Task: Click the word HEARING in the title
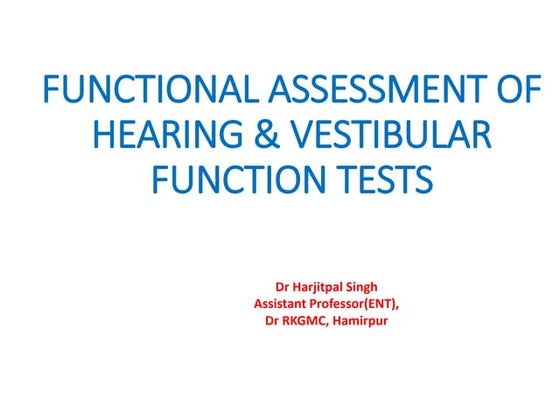(x=149, y=137)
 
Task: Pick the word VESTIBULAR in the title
(x=376, y=137)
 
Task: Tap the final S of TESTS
(x=424, y=181)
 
